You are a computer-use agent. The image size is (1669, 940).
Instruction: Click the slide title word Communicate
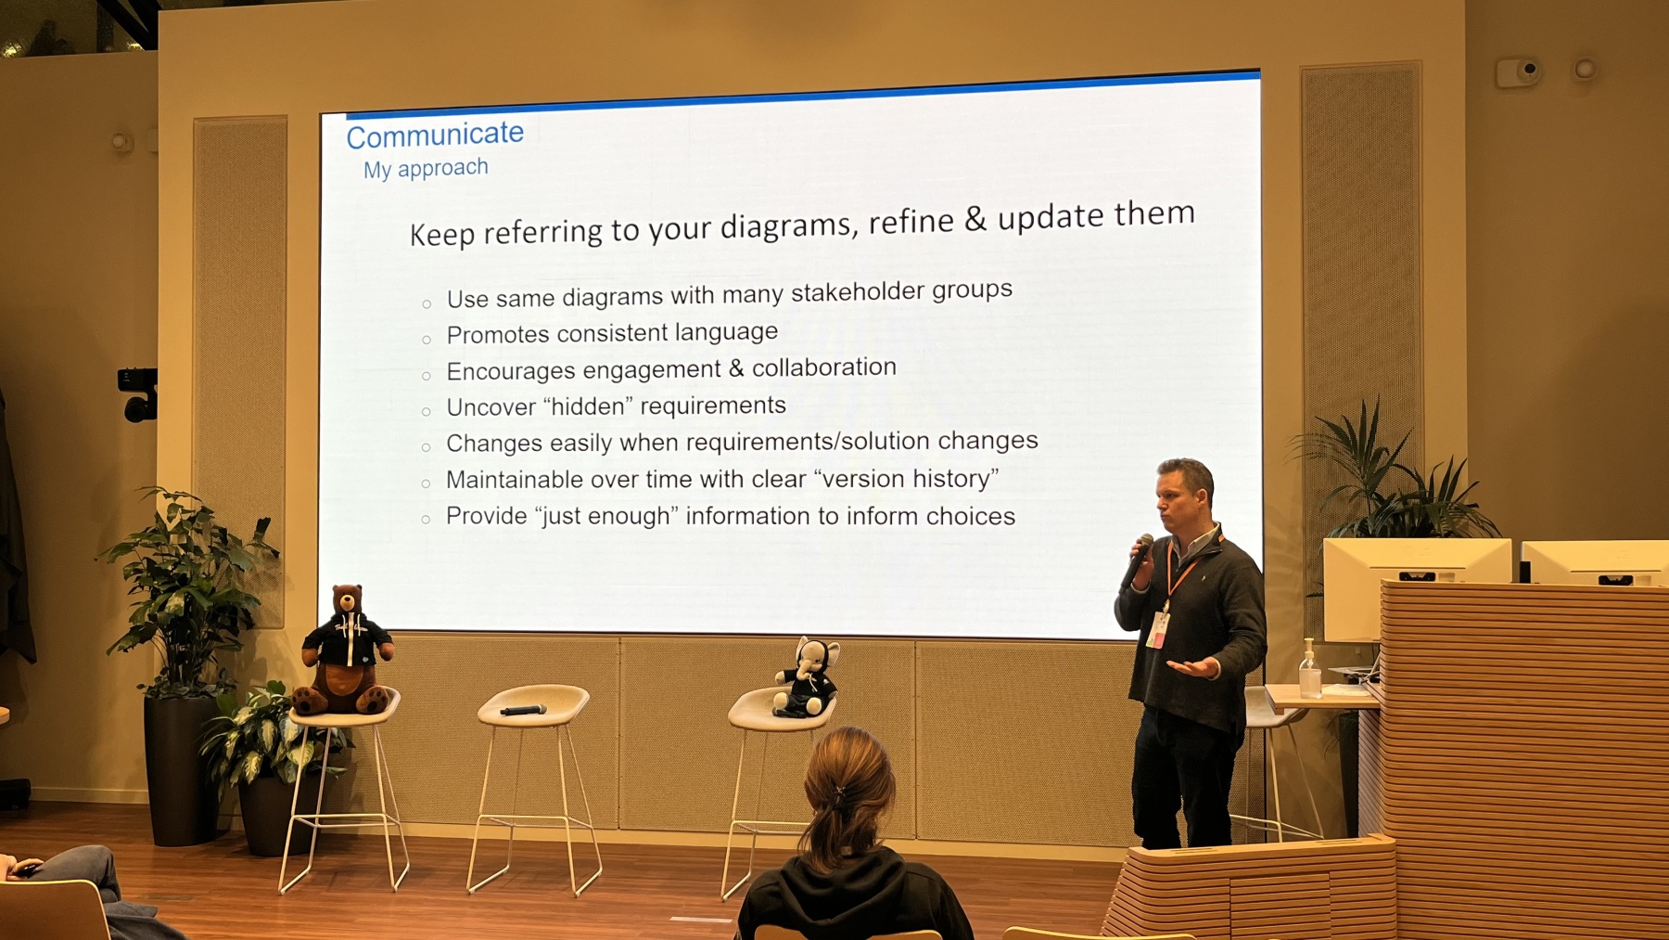coord(435,135)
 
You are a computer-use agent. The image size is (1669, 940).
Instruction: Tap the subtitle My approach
coord(426,169)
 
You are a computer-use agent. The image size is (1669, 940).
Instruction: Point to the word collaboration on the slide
coord(824,367)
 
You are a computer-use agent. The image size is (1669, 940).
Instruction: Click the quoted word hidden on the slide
coord(588,406)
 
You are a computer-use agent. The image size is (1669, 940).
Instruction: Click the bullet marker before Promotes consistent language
coord(427,340)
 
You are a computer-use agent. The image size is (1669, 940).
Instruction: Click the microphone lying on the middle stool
coord(523,711)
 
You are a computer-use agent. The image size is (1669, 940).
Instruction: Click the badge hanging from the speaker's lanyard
coord(1157,629)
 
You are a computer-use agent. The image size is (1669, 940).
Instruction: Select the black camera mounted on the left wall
coord(138,393)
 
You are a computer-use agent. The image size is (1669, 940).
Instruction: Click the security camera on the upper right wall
coord(1518,71)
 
